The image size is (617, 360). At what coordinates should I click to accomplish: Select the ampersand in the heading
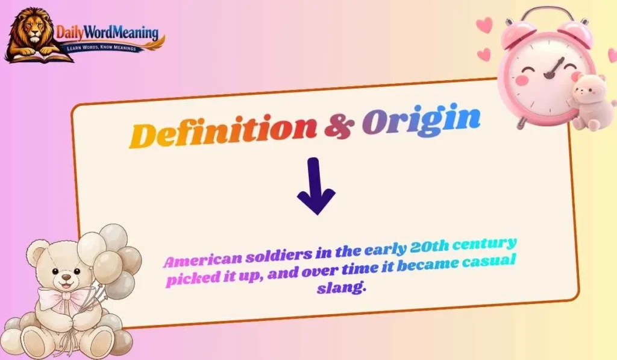pyautogui.click(x=339, y=125)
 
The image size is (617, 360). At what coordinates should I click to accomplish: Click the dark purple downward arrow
pyautogui.click(x=316, y=186)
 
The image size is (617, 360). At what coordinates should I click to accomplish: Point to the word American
pyautogui.click(x=202, y=261)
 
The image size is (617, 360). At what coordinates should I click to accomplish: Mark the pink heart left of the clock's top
pyautogui.click(x=483, y=25)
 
